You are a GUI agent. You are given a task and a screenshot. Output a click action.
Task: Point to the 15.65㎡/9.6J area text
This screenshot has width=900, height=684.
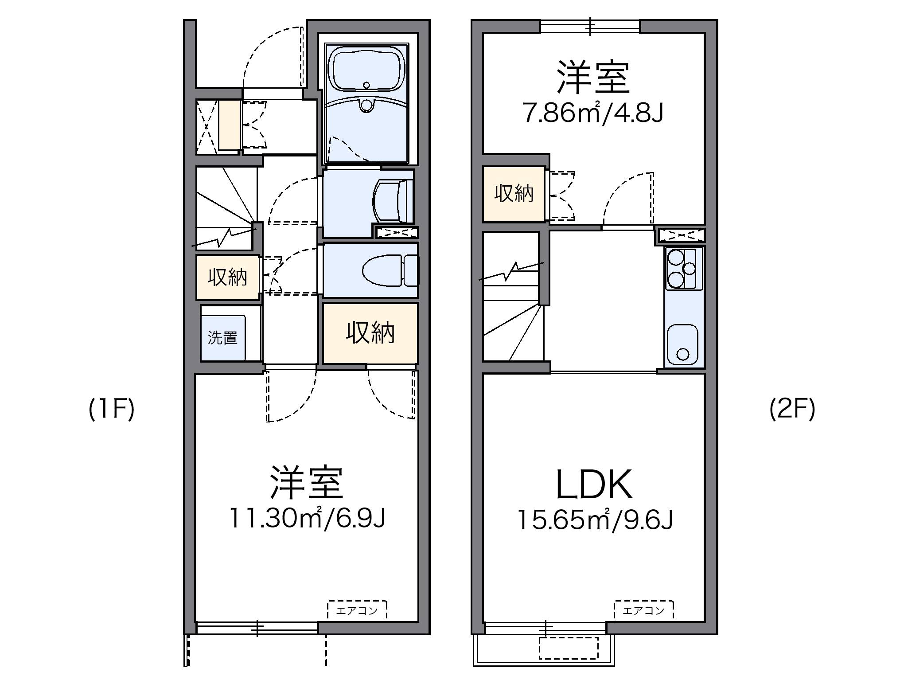pos(595,520)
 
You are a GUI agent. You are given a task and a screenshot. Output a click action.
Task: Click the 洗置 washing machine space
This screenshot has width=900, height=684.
pos(222,338)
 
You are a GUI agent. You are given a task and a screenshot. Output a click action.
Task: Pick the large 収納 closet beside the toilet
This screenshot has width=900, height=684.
pos(370,333)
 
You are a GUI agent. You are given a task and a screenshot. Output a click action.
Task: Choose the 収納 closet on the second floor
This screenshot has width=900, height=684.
pos(514,194)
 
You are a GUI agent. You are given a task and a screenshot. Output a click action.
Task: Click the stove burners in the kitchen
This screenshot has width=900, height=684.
pos(682,269)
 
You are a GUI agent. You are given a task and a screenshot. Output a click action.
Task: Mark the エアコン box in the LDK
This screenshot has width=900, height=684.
pos(643,610)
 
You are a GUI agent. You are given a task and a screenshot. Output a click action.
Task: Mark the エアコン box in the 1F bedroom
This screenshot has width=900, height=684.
pos(357,610)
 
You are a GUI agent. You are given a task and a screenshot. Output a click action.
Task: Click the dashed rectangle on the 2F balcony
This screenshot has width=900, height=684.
pos(569,648)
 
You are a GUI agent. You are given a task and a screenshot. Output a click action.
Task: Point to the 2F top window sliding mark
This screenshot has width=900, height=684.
pos(591,26)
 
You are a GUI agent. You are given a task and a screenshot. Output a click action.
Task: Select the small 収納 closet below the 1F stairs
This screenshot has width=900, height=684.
pos(228,278)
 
